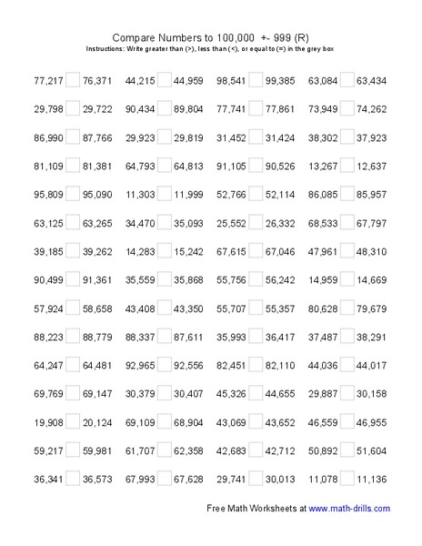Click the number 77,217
(43, 78)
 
